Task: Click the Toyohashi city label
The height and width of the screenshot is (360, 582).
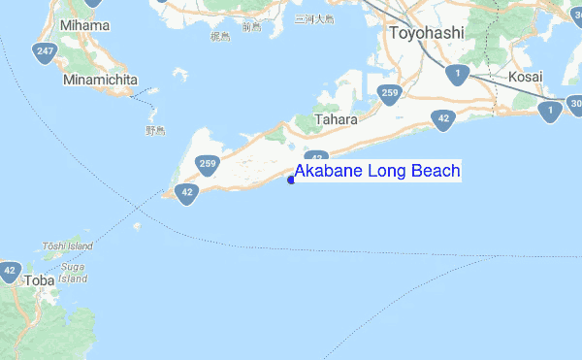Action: click(427, 33)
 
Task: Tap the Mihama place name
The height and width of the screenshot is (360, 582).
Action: click(85, 24)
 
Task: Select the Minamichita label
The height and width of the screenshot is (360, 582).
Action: click(101, 80)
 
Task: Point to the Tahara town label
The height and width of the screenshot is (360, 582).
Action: click(337, 119)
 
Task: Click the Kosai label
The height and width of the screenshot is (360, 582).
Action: click(525, 76)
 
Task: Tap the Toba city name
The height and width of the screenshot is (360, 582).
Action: click(39, 280)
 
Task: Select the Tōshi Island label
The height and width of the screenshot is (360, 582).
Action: click(67, 246)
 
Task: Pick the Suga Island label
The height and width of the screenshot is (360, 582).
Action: click(73, 270)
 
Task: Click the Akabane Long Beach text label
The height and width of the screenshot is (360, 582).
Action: click(377, 172)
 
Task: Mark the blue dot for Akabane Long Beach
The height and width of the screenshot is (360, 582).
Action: click(291, 179)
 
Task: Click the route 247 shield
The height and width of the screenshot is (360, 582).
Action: click(44, 52)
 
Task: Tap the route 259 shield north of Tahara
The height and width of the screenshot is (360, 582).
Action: click(389, 94)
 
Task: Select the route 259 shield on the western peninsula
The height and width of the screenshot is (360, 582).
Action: click(208, 165)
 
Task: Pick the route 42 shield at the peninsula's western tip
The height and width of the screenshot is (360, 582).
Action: click(188, 193)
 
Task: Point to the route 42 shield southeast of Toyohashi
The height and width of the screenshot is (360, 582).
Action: click(443, 119)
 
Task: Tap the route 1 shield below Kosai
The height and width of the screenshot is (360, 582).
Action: click(551, 112)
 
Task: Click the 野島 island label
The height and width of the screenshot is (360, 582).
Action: click(156, 129)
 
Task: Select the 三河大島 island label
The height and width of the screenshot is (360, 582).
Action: click(313, 18)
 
